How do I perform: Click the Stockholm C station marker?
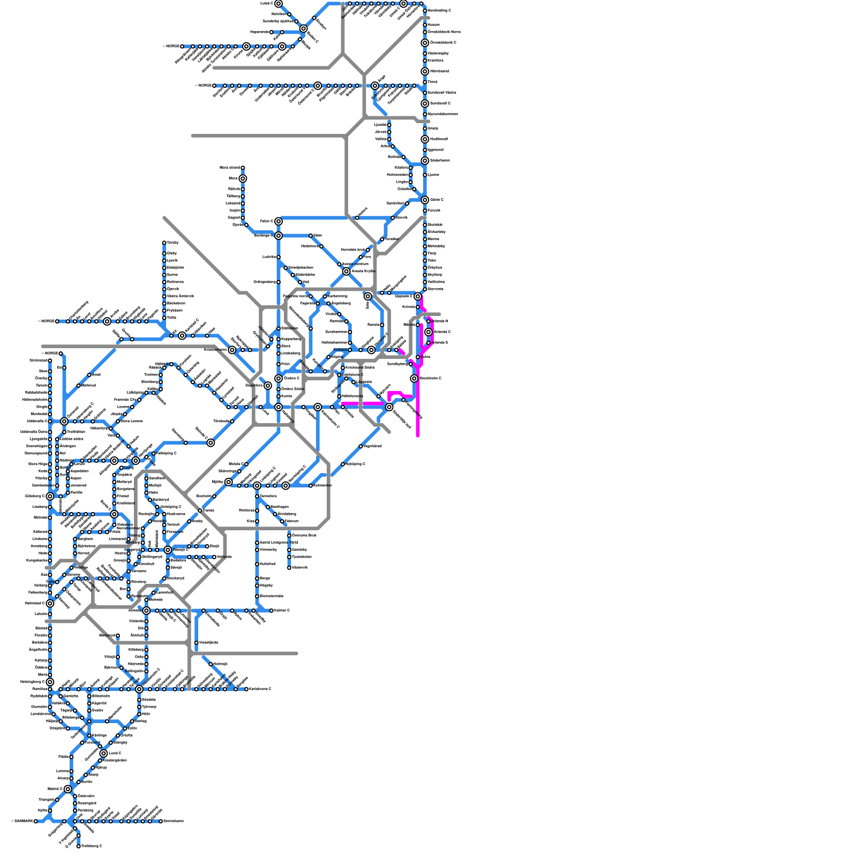pyautogui.click(x=414, y=379)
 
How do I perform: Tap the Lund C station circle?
pyautogui.click(x=103, y=754)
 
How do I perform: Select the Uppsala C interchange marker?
pyautogui.click(x=418, y=296)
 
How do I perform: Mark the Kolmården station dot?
pyautogui.click(x=311, y=486)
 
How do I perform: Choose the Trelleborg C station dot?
pyautogui.click(x=79, y=846)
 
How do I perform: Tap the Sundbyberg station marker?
pyautogui.click(x=411, y=364)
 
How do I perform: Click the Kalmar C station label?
pyautogui.click(x=282, y=611)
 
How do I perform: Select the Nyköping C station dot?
pyautogui.click(x=343, y=464)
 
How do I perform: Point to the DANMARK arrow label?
pyautogui.click(x=22, y=821)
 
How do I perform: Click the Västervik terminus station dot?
pyautogui.click(x=289, y=568)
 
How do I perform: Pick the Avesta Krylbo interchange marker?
pyautogui.click(x=347, y=272)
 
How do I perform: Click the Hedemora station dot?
pyautogui.click(x=321, y=246)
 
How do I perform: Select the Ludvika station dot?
pyautogui.click(x=279, y=257)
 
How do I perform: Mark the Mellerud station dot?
pyautogui.click(x=79, y=386)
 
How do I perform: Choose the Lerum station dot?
pyautogui.click(x=71, y=464)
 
